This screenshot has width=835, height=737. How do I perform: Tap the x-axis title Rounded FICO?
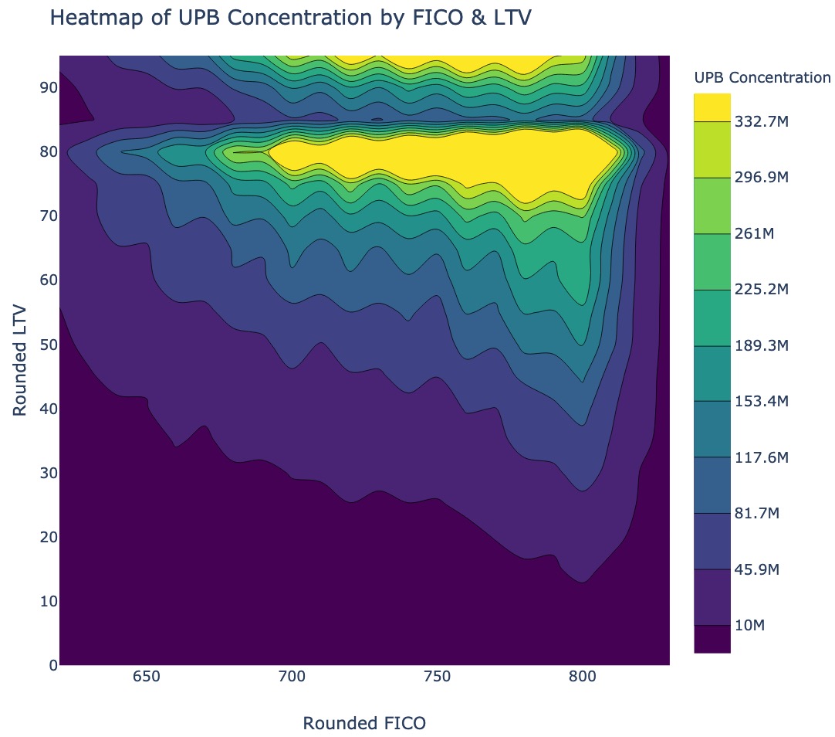coord(364,723)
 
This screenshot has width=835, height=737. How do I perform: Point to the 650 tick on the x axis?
coord(146,678)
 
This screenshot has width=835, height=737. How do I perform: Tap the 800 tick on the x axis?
coord(582,678)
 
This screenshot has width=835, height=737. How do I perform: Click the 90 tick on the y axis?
coord(48,87)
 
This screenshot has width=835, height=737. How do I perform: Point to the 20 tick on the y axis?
coord(48,536)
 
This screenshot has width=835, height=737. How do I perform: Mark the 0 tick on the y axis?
coord(52,664)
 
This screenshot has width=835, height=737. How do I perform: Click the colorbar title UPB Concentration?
coord(762,77)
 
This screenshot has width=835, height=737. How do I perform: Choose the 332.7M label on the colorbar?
coord(762,121)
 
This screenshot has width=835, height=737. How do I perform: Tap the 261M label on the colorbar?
coord(754,233)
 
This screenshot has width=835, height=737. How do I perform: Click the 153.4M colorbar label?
coord(762,402)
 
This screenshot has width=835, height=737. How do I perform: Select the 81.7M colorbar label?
coord(757,514)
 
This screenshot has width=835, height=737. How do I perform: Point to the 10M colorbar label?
coord(749,625)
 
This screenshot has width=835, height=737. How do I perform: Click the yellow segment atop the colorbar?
coord(712,107)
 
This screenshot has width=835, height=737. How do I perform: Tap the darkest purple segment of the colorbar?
coord(712,640)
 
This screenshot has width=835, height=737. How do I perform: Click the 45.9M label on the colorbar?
coord(757,569)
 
